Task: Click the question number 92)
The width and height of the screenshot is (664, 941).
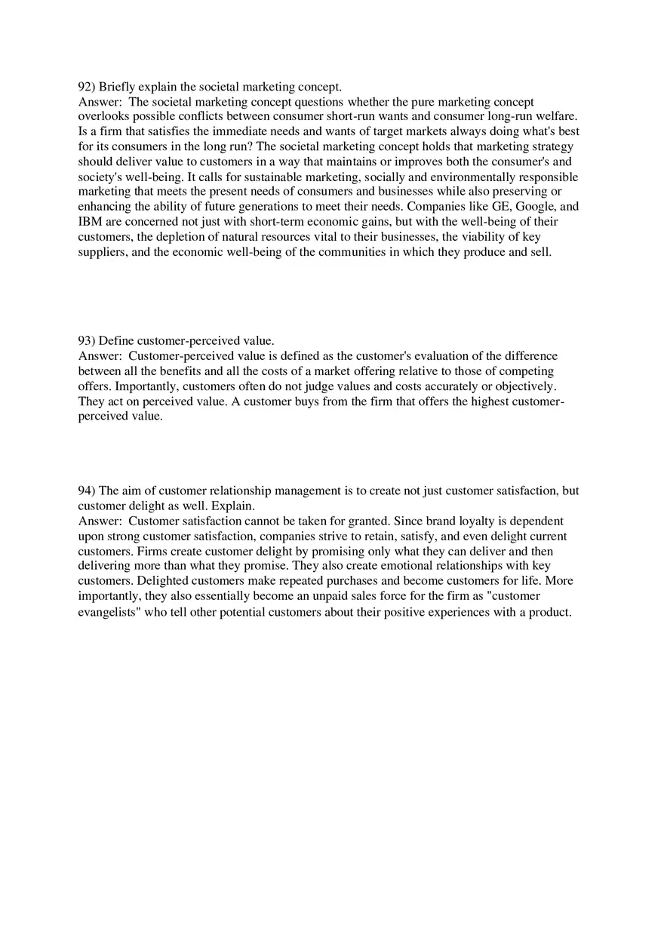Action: click(87, 87)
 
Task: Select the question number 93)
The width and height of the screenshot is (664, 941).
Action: click(87, 341)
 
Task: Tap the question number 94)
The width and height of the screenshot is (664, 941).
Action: click(87, 490)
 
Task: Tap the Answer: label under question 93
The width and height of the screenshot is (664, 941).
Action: click(100, 356)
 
